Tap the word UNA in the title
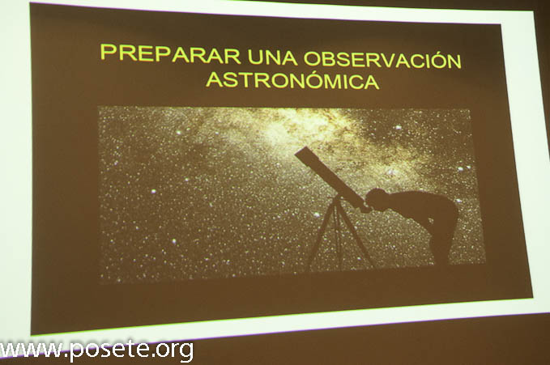click(272, 57)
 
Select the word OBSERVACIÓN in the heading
click(382, 60)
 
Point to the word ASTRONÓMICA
click(292, 80)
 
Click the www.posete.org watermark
click(96, 350)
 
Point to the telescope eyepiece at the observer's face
click(364, 208)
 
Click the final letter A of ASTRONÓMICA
click(371, 82)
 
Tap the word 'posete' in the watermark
click(110, 350)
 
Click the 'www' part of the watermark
click(32, 349)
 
